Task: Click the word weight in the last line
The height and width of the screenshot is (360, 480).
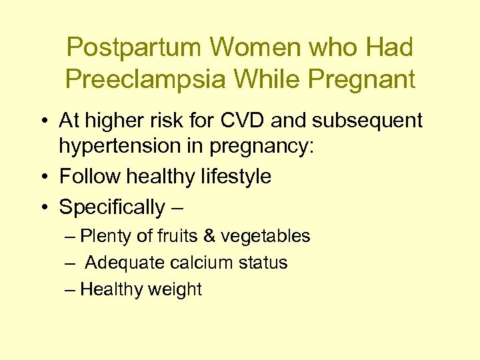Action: point(176,289)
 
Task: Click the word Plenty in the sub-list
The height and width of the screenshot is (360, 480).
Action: point(100,236)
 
